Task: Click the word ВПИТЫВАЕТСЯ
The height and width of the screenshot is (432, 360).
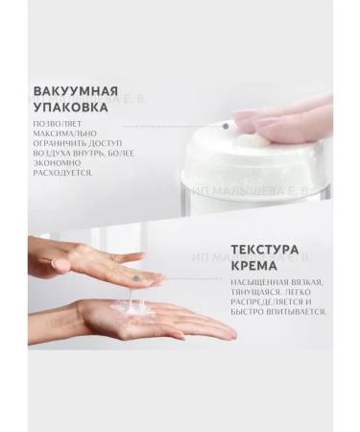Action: coord(297,328)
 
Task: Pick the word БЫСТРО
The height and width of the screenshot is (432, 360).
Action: coord(247,328)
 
